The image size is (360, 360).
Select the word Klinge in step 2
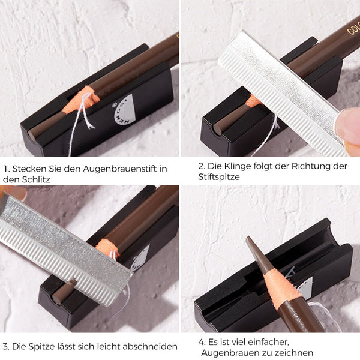(x=237, y=166)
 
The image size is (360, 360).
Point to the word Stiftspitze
(x=219, y=177)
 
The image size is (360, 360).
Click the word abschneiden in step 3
(x=150, y=346)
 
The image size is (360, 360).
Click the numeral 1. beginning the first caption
(x=7, y=169)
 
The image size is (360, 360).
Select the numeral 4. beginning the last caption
(x=202, y=343)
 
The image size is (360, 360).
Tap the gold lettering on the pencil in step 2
(x=353, y=28)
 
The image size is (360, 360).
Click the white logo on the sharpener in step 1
(x=125, y=110)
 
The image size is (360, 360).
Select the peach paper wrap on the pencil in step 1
(x=81, y=100)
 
